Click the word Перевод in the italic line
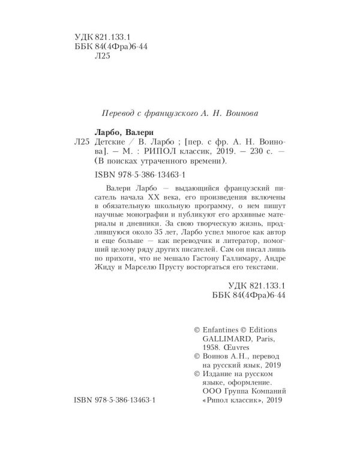116,113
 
